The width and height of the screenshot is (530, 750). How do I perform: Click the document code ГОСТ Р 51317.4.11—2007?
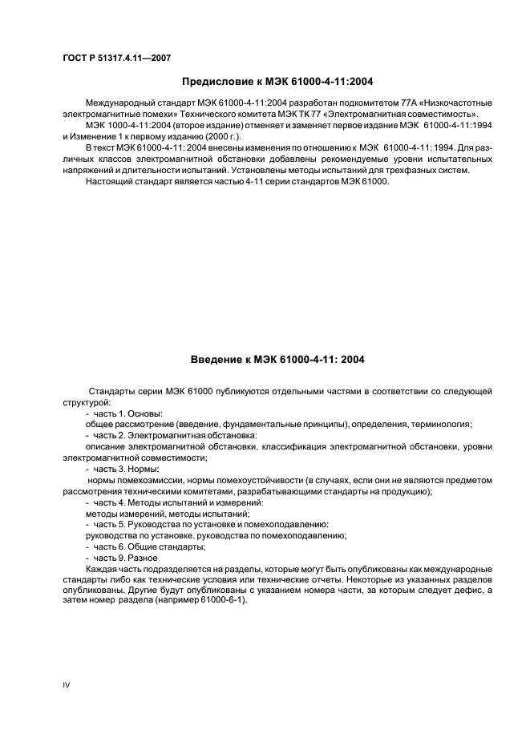tap(115, 58)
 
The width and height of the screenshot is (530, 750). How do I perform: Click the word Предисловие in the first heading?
tap(218, 81)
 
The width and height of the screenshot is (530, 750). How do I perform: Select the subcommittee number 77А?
tap(386, 104)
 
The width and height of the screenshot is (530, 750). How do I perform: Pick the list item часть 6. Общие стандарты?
tap(149, 546)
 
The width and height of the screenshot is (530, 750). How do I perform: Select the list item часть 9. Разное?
tap(127, 558)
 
